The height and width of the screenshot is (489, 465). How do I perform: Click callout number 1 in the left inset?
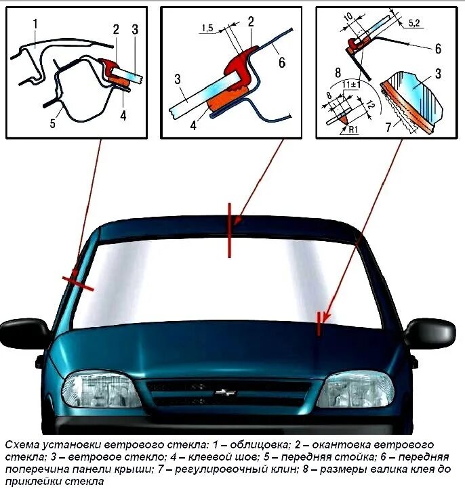[35, 25]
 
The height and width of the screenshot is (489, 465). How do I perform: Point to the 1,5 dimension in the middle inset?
[207, 28]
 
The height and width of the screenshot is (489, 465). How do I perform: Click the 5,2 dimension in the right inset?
[413, 23]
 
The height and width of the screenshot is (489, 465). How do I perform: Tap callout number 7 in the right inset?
[388, 127]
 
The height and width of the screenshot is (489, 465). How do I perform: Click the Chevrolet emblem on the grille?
[222, 392]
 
